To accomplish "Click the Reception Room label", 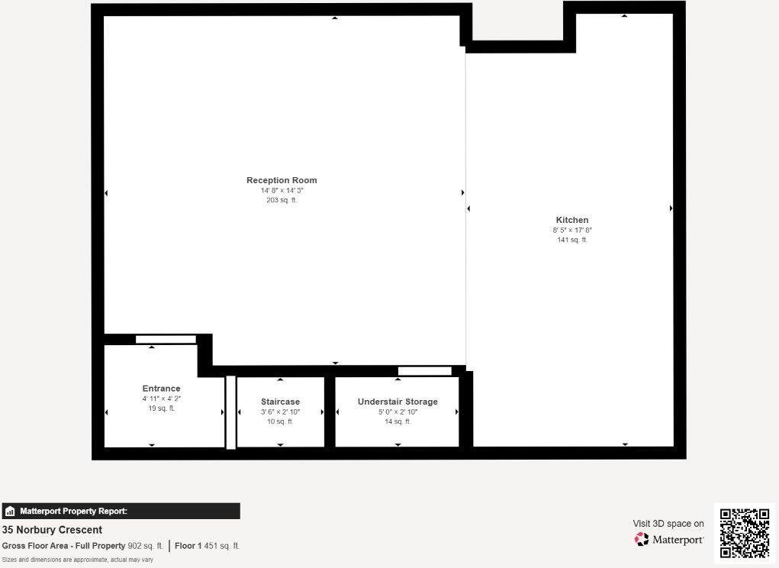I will [282, 180].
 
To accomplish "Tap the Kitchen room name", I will [572, 220].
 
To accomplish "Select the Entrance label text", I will [161, 389].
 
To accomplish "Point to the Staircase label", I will [280, 402].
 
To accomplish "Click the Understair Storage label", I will [398, 402].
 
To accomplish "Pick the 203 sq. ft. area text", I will [282, 200].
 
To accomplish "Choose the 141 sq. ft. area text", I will [572, 240].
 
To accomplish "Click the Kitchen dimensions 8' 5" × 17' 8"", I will [572, 230].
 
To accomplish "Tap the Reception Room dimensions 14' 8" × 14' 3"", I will [282, 190].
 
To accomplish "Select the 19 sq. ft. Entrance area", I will [161, 408].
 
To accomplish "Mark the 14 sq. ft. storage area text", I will [398, 421].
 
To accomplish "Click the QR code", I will [744, 532].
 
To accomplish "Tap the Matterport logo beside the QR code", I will [669, 540].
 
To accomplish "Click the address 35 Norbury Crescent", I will [52, 530].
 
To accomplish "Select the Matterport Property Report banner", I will [121, 512].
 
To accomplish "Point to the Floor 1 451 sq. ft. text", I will [207, 546].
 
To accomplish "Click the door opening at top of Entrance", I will [166, 340].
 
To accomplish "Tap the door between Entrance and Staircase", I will [230, 412].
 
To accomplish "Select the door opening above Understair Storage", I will [425, 371].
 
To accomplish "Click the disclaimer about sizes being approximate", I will [77, 560].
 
